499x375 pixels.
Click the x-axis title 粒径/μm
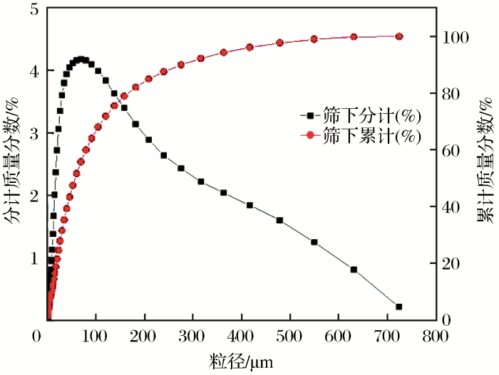coord(240,361)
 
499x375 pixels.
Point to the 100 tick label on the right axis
coord(454,37)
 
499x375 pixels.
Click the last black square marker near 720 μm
coord(398,307)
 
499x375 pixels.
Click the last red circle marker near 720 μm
coord(398,36)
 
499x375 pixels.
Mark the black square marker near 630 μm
coord(354,270)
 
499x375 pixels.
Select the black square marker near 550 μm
coord(314,242)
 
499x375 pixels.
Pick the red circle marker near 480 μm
coord(279,43)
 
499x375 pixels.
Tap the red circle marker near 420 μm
coord(249,47)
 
